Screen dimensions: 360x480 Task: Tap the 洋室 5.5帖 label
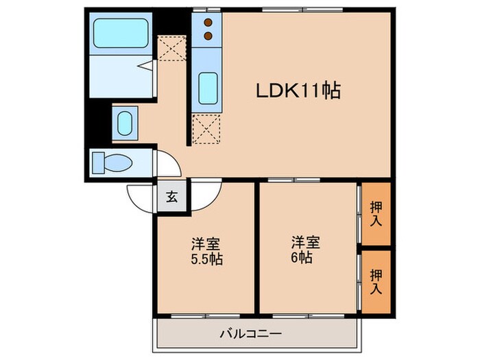[x=206, y=252]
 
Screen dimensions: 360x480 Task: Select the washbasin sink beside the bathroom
[x=125, y=123]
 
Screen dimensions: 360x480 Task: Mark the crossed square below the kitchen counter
[x=207, y=129]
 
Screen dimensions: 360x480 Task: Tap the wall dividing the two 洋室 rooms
[x=257, y=247]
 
